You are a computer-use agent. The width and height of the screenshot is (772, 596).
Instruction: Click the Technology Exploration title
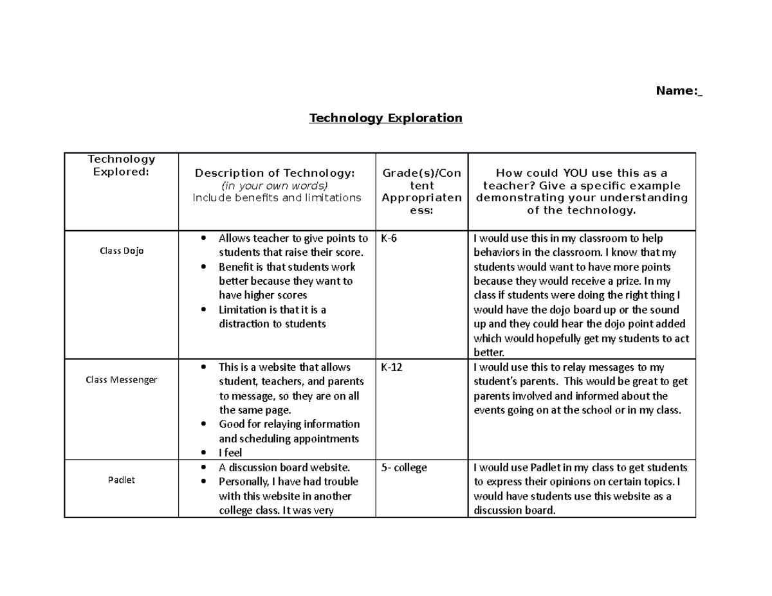click(385, 118)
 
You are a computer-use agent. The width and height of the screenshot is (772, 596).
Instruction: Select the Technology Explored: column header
click(122, 165)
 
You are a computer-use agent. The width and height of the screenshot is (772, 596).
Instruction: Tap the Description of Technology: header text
click(275, 173)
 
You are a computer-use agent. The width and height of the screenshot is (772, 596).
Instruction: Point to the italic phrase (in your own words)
click(275, 185)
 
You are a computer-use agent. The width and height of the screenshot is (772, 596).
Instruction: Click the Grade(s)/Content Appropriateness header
click(421, 191)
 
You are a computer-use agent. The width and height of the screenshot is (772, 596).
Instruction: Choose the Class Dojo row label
click(122, 251)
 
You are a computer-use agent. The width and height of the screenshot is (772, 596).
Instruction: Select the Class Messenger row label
click(122, 379)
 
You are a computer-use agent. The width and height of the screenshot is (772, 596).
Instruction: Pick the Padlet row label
click(122, 480)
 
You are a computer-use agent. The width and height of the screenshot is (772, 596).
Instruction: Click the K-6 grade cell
click(389, 239)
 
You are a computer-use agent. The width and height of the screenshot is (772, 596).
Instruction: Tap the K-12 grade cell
click(392, 368)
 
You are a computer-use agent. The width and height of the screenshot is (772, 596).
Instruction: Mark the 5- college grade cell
click(404, 468)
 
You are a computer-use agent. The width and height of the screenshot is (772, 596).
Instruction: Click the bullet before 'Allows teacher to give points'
click(204, 239)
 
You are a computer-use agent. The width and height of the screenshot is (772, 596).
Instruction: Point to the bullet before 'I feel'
click(204, 453)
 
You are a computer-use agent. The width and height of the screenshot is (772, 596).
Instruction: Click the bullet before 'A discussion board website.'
click(204, 467)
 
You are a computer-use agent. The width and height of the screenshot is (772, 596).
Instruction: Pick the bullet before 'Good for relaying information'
click(204, 424)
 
